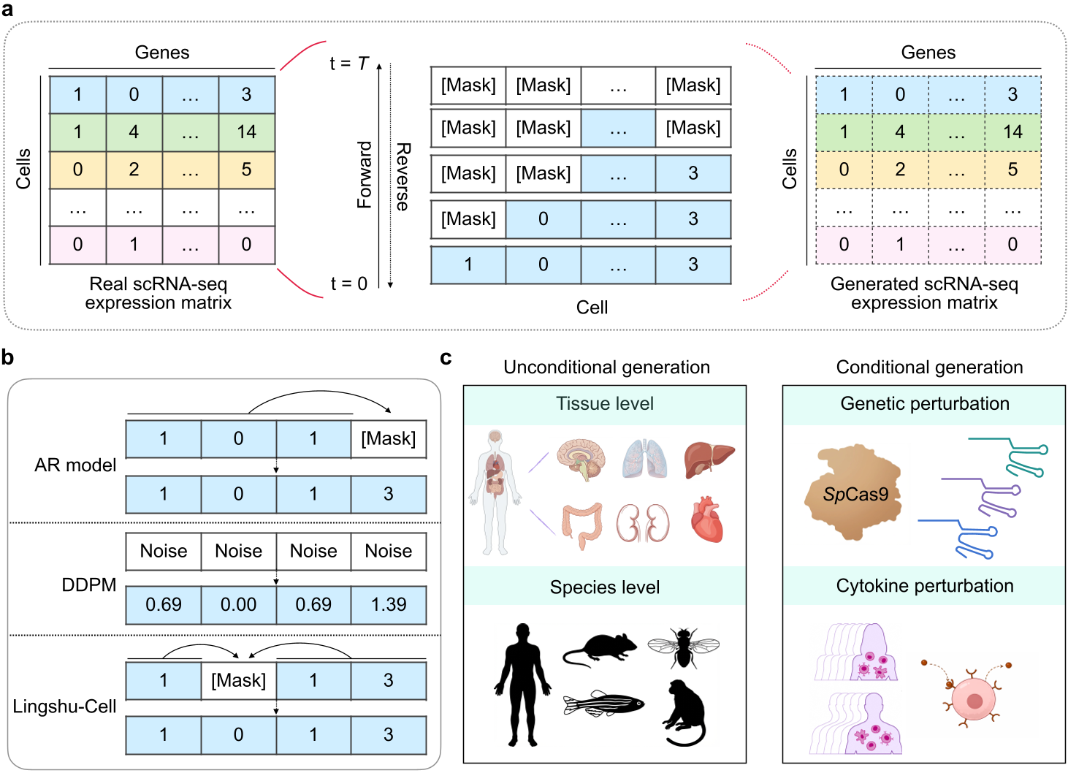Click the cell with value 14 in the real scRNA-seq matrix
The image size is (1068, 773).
tap(246, 132)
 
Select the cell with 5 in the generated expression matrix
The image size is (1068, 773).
tap(1012, 170)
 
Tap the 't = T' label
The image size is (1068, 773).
tap(348, 64)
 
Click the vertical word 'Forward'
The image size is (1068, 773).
tap(365, 175)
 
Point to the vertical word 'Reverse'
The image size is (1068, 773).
tap(403, 177)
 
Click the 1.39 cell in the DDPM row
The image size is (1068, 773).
tap(389, 605)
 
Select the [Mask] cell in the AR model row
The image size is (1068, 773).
tap(389, 439)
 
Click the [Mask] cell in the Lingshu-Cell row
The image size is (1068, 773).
tap(238, 681)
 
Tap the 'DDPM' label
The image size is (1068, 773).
tap(89, 585)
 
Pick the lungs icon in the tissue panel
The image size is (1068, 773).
tap(645, 459)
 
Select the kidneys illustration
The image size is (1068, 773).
tap(643, 522)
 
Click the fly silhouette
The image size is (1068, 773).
tap(683, 647)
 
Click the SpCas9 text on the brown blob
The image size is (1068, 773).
tap(855, 495)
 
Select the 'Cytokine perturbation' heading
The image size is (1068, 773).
tap(925, 586)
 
